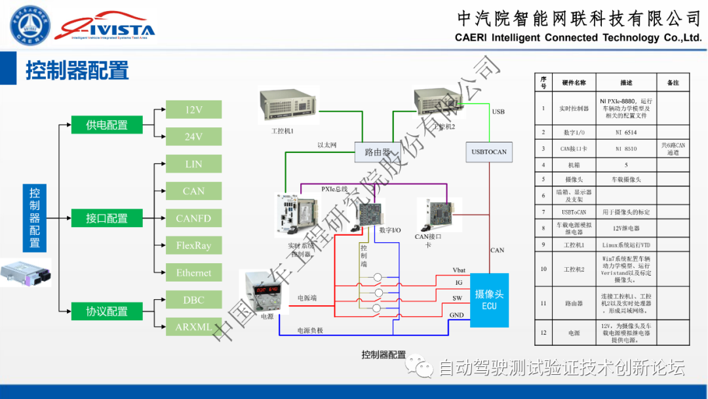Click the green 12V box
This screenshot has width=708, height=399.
click(194, 110)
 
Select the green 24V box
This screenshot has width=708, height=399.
click(194, 136)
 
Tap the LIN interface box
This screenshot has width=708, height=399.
click(194, 164)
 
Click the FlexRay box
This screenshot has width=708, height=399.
click(194, 245)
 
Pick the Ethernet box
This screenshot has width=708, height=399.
click(194, 272)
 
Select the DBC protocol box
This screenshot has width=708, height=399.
click(194, 300)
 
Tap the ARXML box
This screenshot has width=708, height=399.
click(194, 327)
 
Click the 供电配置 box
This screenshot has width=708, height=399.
click(106, 125)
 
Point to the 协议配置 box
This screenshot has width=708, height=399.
click(106, 312)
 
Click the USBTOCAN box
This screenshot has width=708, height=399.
click(489, 152)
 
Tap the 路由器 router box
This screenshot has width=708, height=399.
click(377, 152)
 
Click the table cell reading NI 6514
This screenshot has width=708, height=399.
click(626, 132)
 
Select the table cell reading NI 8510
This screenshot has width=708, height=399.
click(626, 149)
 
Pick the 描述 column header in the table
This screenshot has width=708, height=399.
click(626, 83)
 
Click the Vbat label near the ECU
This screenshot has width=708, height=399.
click(459, 270)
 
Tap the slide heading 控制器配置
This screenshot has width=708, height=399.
click(77, 70)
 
